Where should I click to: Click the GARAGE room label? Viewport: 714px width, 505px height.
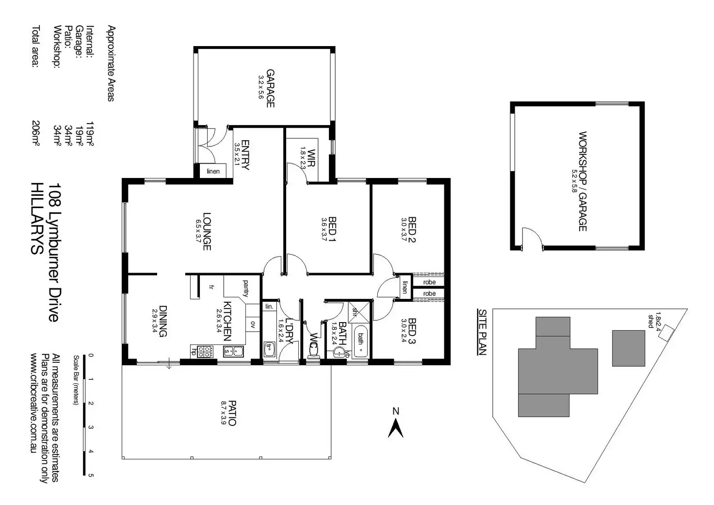[x=270, y=89]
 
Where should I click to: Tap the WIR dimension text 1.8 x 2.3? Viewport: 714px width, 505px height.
[x=303, y=158]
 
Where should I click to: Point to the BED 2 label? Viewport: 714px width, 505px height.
[x=412, y=229]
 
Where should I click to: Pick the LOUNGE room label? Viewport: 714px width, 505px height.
[x=207, y=231]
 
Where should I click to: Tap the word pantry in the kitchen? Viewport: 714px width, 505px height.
[x=245, y=288]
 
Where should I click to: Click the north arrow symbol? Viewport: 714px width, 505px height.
[x=396, y=428]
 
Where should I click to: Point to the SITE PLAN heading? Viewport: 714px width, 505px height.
[x=482, y=332]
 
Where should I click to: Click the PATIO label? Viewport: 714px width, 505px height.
[x=232, y=413]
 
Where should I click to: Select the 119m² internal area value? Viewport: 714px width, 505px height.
[x=90, y=134]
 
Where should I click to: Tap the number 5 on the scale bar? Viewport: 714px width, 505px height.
[x=91, y=475]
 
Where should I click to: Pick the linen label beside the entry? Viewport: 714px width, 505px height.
[x=213, y=171]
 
